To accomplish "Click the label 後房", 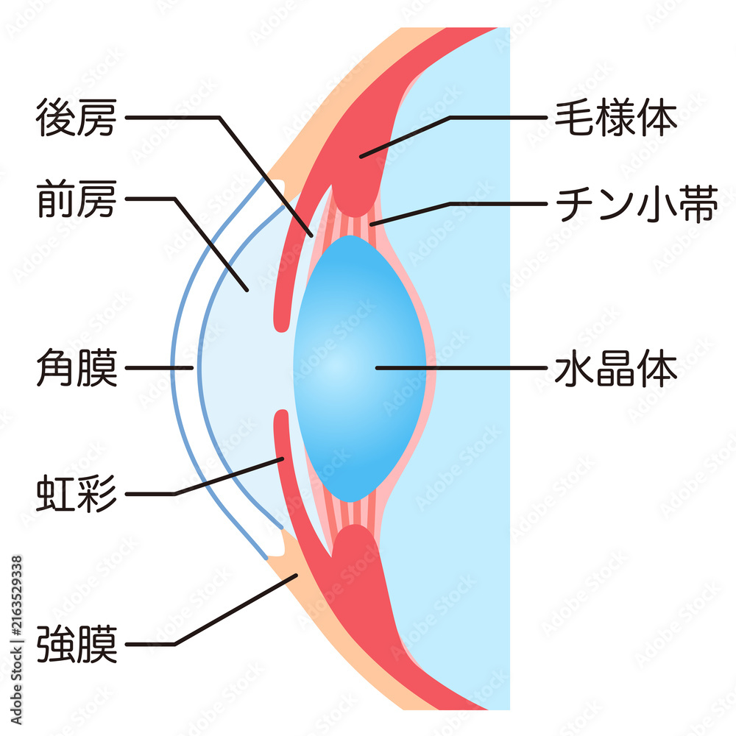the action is [x=77, y=117].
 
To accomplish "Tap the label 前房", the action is [x=77, y=199].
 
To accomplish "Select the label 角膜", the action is [x=77, y=367].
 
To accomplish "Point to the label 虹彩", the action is [x=77, y=493].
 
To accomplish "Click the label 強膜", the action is [x=77, y=644].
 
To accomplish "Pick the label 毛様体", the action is [x=616, y=117].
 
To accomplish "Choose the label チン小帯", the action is [x=637, y=204].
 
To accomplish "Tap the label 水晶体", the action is [x=616, y=367].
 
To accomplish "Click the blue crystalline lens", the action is [x=360, y=369].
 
